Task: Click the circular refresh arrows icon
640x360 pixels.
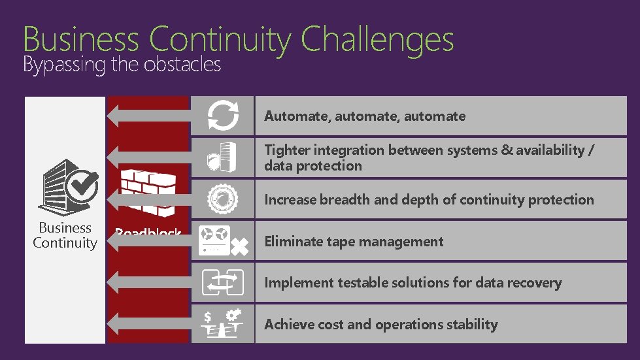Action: click(x=222, y=116)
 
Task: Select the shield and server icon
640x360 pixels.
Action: click(x=222, y=157)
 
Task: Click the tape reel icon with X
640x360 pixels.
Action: click(x=222, y=241)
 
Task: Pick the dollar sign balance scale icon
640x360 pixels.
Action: click(x=222, y=323)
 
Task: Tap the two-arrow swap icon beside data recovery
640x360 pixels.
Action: click(x=222, y=282)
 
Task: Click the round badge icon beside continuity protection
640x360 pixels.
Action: click(x=222, y=199)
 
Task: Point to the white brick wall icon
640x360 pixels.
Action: click(x=148, y=193)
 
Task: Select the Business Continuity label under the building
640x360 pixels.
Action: click(x=65, y=236)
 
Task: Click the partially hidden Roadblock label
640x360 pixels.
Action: click(x=148, y=231)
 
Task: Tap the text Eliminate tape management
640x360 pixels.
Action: click(x=354, y=242)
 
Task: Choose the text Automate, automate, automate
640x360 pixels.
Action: click(x=365, y=116)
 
